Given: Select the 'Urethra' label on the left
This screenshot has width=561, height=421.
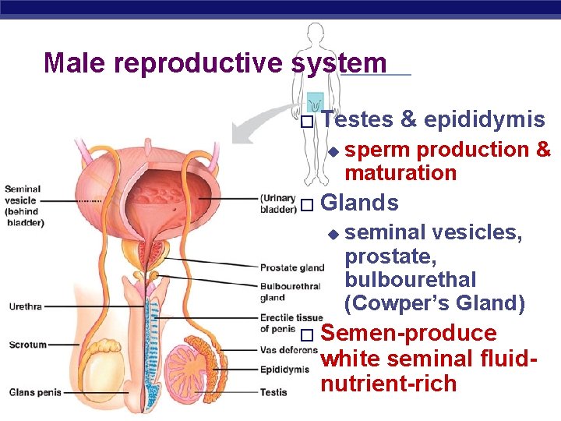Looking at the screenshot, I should pos(25,306).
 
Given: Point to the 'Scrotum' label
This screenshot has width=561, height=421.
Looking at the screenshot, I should pos(28,345).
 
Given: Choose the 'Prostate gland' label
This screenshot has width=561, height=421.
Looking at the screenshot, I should pos(291,268).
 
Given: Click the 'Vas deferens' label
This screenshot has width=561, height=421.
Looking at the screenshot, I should pos(288,351).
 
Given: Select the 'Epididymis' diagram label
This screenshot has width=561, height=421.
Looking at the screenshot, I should pos(284,370).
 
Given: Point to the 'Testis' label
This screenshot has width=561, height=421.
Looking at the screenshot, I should pos(273,392).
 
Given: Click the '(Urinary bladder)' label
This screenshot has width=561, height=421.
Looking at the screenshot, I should pos(277,203).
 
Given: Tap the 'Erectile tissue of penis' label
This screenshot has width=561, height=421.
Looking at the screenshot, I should pos(291,323).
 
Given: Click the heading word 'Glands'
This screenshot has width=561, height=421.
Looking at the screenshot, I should pos(359,203).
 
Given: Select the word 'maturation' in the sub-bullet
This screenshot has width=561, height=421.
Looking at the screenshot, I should pos(400,172).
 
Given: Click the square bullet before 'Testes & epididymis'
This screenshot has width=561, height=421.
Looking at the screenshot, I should pos(306,122).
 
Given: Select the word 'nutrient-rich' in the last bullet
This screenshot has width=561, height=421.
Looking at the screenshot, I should pos(388,384).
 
